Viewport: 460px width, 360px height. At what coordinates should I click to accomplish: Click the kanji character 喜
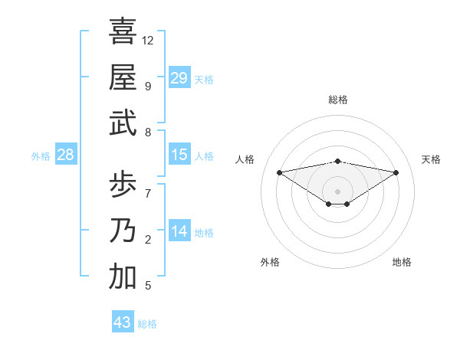click(123, 31)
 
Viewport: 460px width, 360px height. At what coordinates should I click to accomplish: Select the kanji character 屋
click(123, 77)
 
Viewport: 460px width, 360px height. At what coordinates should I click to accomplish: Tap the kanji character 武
click(123, 123)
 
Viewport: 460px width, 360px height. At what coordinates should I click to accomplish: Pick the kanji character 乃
click(123, 231)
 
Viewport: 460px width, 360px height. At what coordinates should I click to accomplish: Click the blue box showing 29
click(179, 77)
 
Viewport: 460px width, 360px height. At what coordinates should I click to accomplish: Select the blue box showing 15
click(179, 155)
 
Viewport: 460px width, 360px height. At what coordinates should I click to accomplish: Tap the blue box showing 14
click(179, 231)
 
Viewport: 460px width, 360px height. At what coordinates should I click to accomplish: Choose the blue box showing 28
click(66, 155)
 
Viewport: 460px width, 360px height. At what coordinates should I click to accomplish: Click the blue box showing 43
click(123, 322)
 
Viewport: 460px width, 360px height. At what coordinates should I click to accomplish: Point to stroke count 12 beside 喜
click(148, 40)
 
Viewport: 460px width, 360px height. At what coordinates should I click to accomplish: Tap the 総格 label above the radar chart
click(338, 100)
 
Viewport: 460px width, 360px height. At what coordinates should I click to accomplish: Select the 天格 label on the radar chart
click(432, 159)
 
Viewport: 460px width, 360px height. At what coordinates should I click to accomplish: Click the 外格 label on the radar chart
click(270, 262)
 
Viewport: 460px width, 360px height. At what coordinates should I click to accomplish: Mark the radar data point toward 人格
click(280, 172)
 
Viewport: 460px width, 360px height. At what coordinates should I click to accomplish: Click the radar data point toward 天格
click(396, 172)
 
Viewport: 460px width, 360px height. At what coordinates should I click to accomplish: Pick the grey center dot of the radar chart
click(337, 191)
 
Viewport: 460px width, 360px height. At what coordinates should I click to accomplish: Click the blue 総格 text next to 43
click(147, 324)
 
